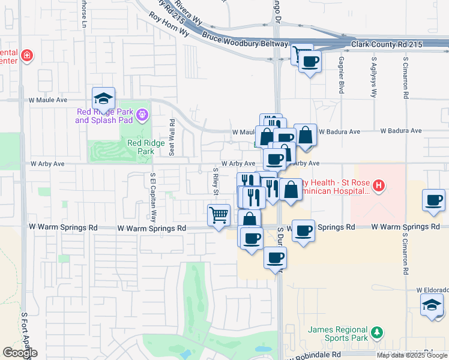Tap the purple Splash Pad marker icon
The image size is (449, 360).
tap(142, 113)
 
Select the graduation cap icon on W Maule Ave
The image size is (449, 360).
tap(103, 98)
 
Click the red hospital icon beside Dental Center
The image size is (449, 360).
tap(26, 56)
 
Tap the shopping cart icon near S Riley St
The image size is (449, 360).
tap(219, 214)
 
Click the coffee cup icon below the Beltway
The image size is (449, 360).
tap(310, 61)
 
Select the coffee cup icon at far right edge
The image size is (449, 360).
tap(433, 200)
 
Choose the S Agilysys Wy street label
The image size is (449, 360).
tap(373, 79)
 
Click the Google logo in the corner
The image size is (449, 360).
tap(20, 353)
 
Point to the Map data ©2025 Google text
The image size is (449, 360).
tap(412, 355)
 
